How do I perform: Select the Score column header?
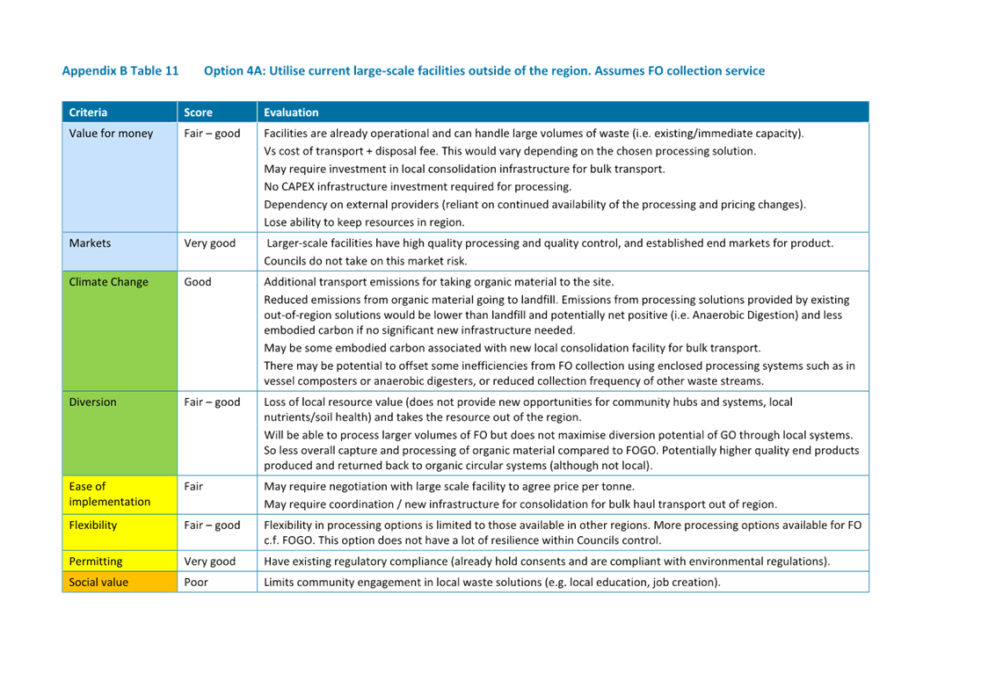click(x=198, y=112)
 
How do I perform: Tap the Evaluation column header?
click(x=291, y=112)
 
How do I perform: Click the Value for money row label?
click(x=111, y=134)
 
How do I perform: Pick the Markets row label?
click(x=90, y=243)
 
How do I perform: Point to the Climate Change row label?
click(x=108, y=282)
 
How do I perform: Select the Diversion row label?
click(x=92, y=402)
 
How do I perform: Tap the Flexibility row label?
click(x=92, y=525)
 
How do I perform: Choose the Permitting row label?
click(x=95, y=561)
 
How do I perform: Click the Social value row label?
click(x=98, y=583)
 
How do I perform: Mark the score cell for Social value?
click(x=196, y=583)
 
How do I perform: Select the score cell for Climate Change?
click(x=198, y=282)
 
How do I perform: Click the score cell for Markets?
click(x=209, y=243)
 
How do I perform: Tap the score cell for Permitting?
click(x=209, y=561)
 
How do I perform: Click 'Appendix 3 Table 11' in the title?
click(x=120, y=70)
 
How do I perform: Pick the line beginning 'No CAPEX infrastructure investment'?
click(x=418, y=186)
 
